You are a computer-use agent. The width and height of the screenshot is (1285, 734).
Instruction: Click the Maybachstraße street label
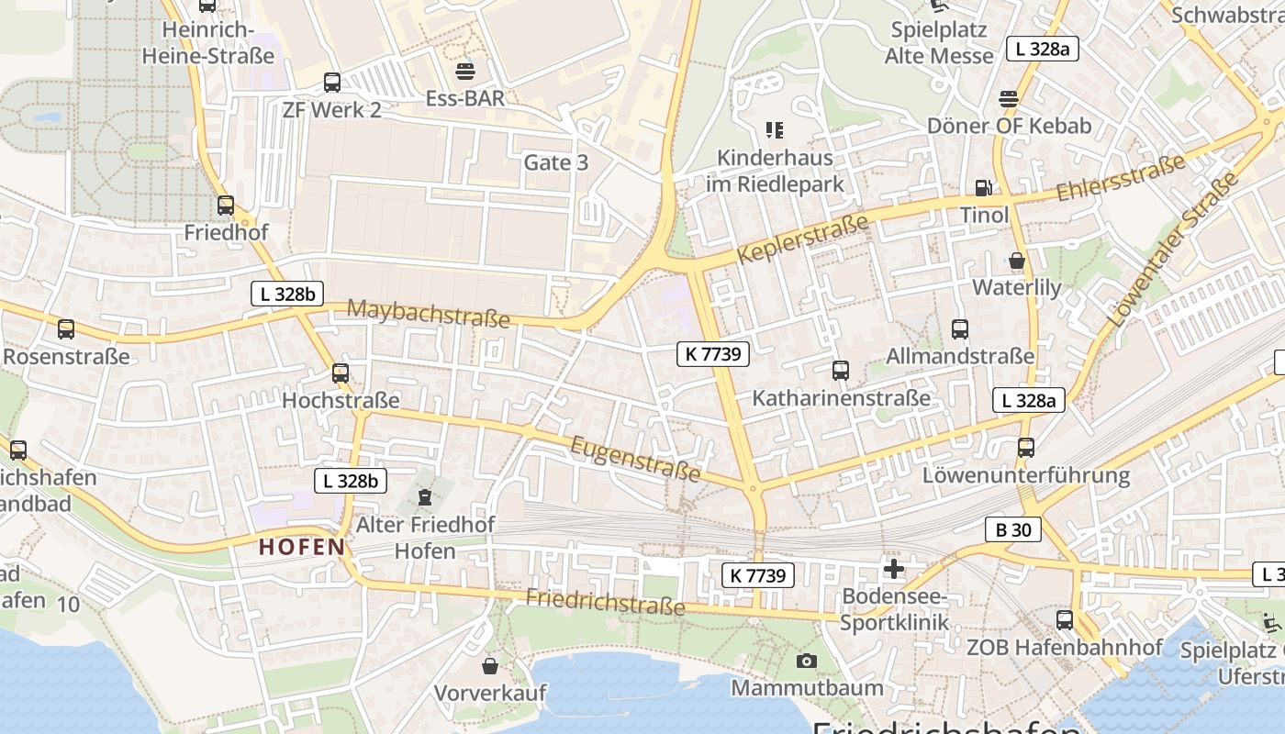click(x=428, y=313)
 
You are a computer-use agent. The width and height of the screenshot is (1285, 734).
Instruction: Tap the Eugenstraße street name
click(x=635, y=459)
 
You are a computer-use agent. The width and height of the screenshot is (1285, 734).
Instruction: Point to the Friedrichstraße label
click(x=605, y=601)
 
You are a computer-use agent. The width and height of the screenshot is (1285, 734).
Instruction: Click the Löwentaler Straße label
click(x=1172, y=253)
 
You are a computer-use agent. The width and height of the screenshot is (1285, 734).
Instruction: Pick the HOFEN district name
click(x=302, y=548)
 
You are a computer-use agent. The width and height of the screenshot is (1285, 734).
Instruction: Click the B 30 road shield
click(x=1013, y=529)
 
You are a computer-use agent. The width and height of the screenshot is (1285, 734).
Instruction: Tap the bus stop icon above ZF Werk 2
click(x=332, y=83)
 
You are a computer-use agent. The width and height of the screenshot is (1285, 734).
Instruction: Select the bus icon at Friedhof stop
click(x=226, y=206)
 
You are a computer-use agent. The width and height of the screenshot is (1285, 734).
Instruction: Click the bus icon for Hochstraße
click(x=341, y=373)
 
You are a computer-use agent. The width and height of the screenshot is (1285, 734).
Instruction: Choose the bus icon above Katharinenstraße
click(x=841, y=371)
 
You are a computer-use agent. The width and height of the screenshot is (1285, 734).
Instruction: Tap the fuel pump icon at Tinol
click(x=984, y=188)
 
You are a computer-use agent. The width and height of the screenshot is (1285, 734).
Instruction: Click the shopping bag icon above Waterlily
click(x=1017, y=261)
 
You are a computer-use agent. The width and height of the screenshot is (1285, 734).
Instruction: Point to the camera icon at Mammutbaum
click(x=807, y=661)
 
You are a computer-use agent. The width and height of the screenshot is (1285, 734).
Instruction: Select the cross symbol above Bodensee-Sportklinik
click(x=894, y=568)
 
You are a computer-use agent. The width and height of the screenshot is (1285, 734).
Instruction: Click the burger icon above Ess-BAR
click(x=465, y=71)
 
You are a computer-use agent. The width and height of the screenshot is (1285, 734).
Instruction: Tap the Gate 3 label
click(x=555, y=162)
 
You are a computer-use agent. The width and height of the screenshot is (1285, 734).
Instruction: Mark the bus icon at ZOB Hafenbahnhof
click(x=1065, y=620)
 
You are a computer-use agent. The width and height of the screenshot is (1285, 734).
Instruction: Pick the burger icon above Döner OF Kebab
click(x=1009, y=99)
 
